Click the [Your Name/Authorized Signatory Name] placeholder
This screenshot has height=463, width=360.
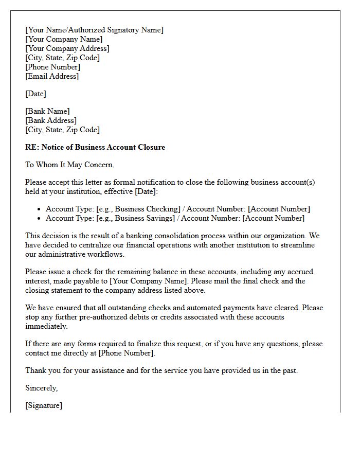(x=94, y=30)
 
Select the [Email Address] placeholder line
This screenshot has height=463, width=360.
(x=52, y=76)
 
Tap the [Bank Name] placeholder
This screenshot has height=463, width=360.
(x=47, y=111)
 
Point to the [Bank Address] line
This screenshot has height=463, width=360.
(x=51, y=120)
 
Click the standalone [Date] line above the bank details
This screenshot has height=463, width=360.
(x=35, y=94)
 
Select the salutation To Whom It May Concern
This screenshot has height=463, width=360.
(x=69, y=165)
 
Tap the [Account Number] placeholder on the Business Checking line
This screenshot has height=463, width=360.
(x=279, y=209)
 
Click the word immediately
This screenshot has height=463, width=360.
(x=46, y=326)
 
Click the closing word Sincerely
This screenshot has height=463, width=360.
(x=41, y=388)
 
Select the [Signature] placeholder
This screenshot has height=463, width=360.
(x=44, y=405)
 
